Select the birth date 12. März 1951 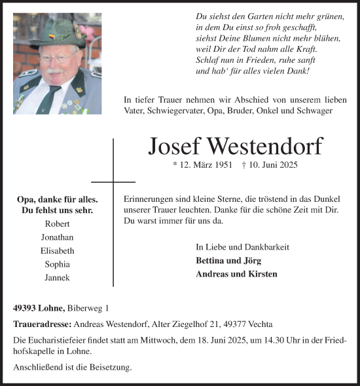(x=203, y=165)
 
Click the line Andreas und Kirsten (x=236, y=274)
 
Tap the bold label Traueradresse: (x=42, y=324)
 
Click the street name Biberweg (x=83, y=308)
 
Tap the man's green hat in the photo (x=56, y=33)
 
